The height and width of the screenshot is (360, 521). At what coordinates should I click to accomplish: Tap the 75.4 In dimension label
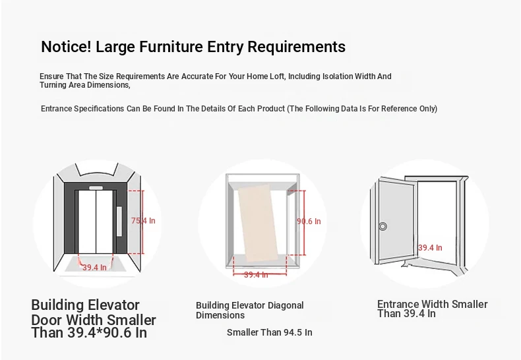coord(143,220)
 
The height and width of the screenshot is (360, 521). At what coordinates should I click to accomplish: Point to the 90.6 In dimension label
coord(309,221)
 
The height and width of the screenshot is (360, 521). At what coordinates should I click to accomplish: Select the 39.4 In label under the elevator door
coord(95,267)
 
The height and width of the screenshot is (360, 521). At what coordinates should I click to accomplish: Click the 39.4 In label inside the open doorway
coord(430,248)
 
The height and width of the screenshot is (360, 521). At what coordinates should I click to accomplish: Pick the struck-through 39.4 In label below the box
coord(256,275)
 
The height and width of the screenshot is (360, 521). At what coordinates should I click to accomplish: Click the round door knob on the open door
coord(383,227)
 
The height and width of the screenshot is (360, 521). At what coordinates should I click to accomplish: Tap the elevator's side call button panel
coord(119,221)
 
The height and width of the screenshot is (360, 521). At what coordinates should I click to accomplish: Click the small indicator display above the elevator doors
coord(96,188)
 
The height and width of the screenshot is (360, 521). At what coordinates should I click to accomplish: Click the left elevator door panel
coord(87,222)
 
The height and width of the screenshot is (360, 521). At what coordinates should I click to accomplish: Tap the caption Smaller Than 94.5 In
coord(270,332)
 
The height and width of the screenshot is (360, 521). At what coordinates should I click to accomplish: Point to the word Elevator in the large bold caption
coord(113,305)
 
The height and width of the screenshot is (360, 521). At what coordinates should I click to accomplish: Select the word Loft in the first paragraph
coord(277,76)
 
